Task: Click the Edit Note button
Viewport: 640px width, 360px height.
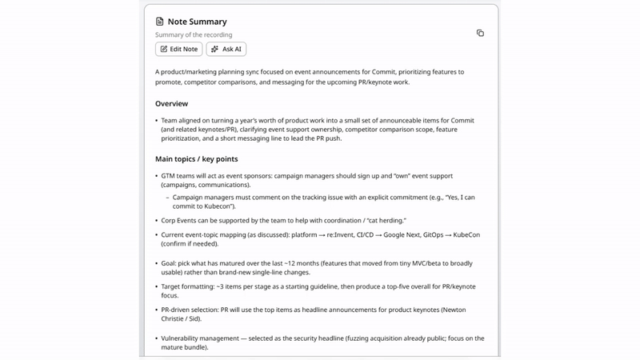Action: tap(178, 49)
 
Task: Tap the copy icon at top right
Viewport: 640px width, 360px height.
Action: tap(480, 33)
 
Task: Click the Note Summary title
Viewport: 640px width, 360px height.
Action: tap(197, 22)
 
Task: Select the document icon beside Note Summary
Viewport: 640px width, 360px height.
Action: tap(160, 22)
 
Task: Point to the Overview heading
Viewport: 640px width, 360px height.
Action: tap(171, 103)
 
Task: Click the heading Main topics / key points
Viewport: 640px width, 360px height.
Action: tap(196, 159)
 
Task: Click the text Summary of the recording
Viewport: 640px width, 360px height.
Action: tap(194, 35)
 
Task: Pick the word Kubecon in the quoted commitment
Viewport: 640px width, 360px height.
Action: tap(218, 206)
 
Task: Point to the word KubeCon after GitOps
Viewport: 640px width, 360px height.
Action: tap(466, 235)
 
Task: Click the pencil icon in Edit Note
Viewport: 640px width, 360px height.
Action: tap(164, 49)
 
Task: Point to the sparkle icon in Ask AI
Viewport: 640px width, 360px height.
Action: tap(214, 49)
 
